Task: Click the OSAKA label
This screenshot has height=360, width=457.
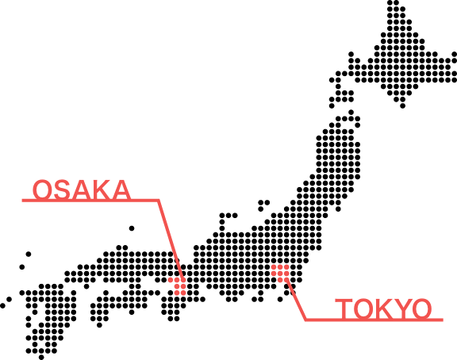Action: (x=82, y=190)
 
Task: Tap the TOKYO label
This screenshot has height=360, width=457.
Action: (x=383, y=308)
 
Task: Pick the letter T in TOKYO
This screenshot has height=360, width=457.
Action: (x=344, y=308)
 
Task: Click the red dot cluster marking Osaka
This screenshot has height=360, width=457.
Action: (x=178, y=286)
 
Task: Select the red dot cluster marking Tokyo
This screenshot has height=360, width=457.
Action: (x=280, y=274)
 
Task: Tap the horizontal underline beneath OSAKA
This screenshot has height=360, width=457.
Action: (x=90, y=200)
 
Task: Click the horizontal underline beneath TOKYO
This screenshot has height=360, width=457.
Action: (x=374, y=320)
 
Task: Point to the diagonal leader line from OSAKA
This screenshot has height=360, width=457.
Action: (x=171, y=241)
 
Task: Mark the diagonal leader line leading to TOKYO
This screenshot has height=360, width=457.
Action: (x=295, y=300)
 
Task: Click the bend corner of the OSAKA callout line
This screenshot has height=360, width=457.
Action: (x=158, y=200)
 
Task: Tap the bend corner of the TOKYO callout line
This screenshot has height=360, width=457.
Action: (x=305, y=320)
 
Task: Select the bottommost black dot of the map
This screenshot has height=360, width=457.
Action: (x=41, y=357)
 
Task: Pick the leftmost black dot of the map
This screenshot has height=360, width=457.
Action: (x=2, y=305)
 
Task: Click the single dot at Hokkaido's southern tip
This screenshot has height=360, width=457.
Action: (x=402, y=105)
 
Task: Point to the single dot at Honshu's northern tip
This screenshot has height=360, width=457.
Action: (x=351, y=112)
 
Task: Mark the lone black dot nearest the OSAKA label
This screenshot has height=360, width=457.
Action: (x=132, y=228)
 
